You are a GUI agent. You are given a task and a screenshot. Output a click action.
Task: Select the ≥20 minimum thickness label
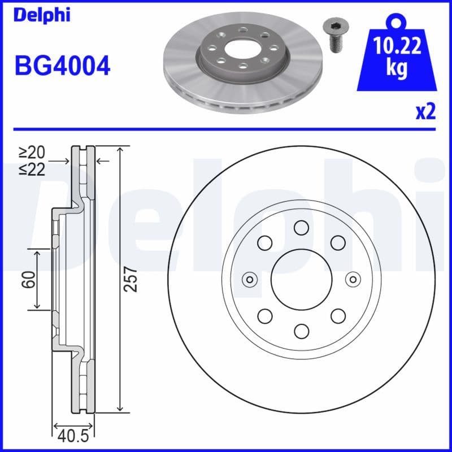pos(32,152)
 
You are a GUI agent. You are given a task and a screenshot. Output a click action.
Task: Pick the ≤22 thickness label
pos(32,169)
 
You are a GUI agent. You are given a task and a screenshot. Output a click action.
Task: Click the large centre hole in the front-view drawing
pos(301,279)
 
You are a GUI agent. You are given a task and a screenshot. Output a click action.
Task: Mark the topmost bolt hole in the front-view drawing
pos(301,228)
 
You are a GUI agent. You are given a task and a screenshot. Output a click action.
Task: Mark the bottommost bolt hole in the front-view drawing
pos(301,331)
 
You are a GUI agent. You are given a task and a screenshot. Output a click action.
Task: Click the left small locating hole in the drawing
pos(249,279)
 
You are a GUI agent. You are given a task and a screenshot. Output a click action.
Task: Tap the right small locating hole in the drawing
pos(353,279)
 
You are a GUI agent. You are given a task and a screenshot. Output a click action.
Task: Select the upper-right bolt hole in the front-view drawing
pos(337,243)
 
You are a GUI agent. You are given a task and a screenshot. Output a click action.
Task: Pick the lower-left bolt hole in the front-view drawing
pos(264,315)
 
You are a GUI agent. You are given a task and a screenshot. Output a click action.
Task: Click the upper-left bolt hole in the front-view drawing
pos(264,243)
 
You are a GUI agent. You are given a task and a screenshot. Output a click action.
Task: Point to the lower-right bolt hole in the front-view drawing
pos(337,315)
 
